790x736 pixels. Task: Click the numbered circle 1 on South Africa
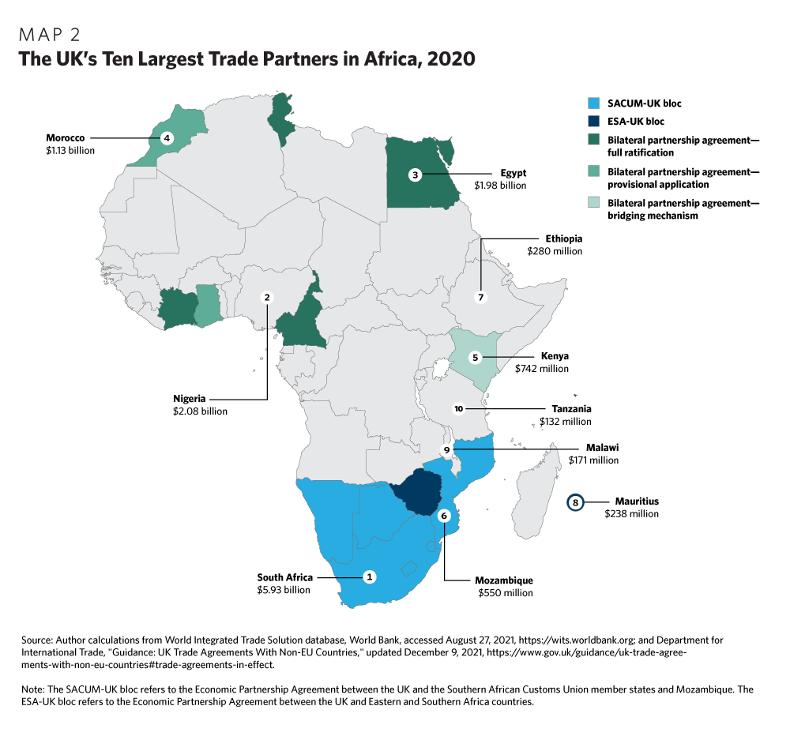(368, 576)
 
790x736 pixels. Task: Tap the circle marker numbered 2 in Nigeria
(268, 297)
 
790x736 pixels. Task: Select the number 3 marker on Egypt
(415, 174)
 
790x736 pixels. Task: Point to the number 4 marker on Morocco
(166, 138)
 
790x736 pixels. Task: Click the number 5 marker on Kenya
(475, 357)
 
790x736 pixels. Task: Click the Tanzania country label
(572, 409)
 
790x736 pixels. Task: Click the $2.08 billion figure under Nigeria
(200, 411)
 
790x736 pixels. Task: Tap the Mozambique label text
(504, 580)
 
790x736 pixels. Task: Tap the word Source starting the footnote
(37, 639)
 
